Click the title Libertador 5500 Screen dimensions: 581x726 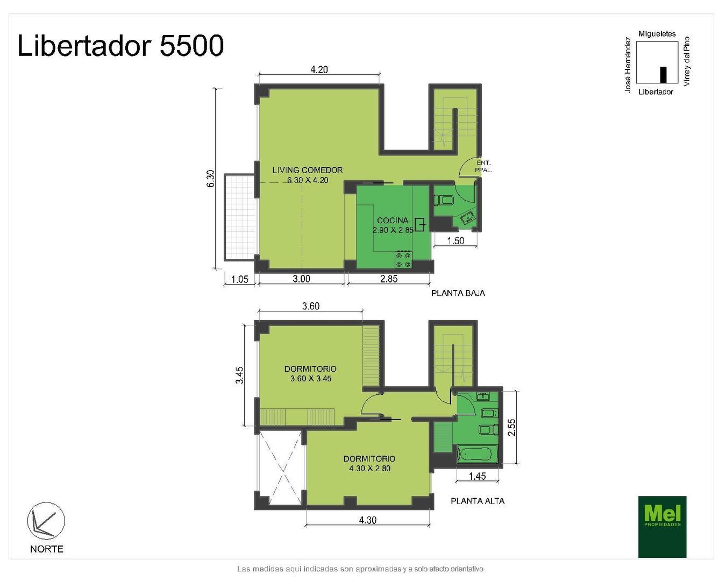[120, 46]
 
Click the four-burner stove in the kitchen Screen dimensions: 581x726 [403, 260]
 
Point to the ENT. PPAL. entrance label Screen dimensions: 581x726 [483, 166]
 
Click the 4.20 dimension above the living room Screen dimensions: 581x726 [319, 69]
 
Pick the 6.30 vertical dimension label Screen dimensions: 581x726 [210, 179]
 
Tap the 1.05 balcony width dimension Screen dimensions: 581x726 [239, 279]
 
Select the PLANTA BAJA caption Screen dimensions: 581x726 [458, 293]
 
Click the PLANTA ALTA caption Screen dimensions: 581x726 [478, 501]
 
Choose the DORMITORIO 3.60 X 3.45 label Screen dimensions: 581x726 [310, 373]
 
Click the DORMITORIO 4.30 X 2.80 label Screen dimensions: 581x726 [369, 463]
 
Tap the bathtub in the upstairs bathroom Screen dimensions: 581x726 [477, 455]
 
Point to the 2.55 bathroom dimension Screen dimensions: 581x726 [511, 427]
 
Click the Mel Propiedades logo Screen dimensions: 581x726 [662, 527]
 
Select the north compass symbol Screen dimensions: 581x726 [46, 521]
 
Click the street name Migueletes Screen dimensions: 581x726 [657, 34]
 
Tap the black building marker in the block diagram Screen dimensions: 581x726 [663, 74]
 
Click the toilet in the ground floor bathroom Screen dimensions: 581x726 [444, 201]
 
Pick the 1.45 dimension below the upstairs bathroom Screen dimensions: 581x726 [477, 476]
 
